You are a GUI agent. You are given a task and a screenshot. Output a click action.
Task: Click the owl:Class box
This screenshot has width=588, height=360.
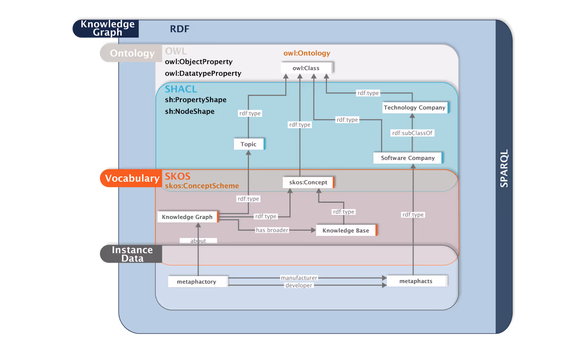coord(306,68)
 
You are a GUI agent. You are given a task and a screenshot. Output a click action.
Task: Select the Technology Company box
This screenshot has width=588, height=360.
coord(415,108)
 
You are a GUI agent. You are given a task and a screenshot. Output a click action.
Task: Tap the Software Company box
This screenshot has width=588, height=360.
coord(408,158)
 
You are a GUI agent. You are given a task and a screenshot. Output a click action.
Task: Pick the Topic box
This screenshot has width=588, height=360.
coord(248,144)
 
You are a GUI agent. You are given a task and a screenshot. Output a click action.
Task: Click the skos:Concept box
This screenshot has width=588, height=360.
coord(308,182)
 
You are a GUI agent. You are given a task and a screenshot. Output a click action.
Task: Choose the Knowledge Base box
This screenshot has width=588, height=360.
coord(346,230)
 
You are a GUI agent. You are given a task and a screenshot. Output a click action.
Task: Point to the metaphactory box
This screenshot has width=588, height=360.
coord(197,282)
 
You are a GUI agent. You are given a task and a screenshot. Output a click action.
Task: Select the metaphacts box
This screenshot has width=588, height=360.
coord(416,281)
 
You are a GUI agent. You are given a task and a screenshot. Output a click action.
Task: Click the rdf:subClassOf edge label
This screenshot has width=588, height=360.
coord(412,133)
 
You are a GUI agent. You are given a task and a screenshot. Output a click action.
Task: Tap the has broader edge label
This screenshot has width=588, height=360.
coord(272,230)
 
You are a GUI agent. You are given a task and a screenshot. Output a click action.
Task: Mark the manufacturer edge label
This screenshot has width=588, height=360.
coord(299,278)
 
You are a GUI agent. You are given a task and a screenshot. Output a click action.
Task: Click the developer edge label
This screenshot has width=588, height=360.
coord(299,285)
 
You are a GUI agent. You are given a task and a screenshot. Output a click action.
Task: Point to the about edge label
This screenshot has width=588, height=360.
coord(198,241)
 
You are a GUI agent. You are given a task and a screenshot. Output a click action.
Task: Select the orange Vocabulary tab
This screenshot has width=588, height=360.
coord(131,178)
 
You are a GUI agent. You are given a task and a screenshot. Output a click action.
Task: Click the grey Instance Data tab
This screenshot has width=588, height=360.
coord(132,254)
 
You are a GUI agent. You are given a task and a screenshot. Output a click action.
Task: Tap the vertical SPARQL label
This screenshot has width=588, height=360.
coord(504,168)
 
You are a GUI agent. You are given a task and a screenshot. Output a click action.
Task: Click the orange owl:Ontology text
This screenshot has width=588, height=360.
coord(307,53)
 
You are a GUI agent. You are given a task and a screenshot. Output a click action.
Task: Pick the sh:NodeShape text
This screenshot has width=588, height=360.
coord(190,111)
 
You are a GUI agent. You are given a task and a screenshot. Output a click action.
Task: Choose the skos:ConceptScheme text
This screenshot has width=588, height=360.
coord(202,186)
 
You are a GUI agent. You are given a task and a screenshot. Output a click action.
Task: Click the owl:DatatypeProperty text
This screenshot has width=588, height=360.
coord(203,73)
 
